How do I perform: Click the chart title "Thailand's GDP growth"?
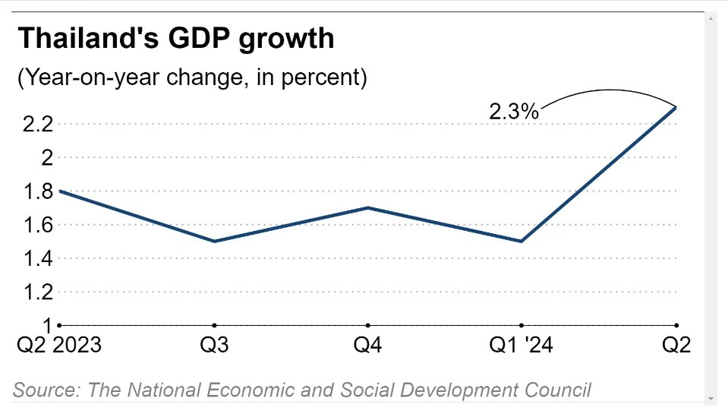175,38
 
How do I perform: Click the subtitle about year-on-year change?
192,77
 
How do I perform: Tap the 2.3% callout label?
513,112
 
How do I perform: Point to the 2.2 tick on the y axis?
36,124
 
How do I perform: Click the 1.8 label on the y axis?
36,191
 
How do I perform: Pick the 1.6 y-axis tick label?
36,225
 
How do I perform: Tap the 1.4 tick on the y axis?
36,259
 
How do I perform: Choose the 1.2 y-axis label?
36,292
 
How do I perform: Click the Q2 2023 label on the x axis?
59,346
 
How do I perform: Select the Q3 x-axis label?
215,346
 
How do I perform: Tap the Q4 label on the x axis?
368,346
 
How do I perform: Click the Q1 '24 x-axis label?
522,346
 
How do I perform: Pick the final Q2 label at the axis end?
676,346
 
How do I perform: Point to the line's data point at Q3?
215,242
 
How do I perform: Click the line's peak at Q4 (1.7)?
368,207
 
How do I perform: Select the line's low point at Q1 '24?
522,242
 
